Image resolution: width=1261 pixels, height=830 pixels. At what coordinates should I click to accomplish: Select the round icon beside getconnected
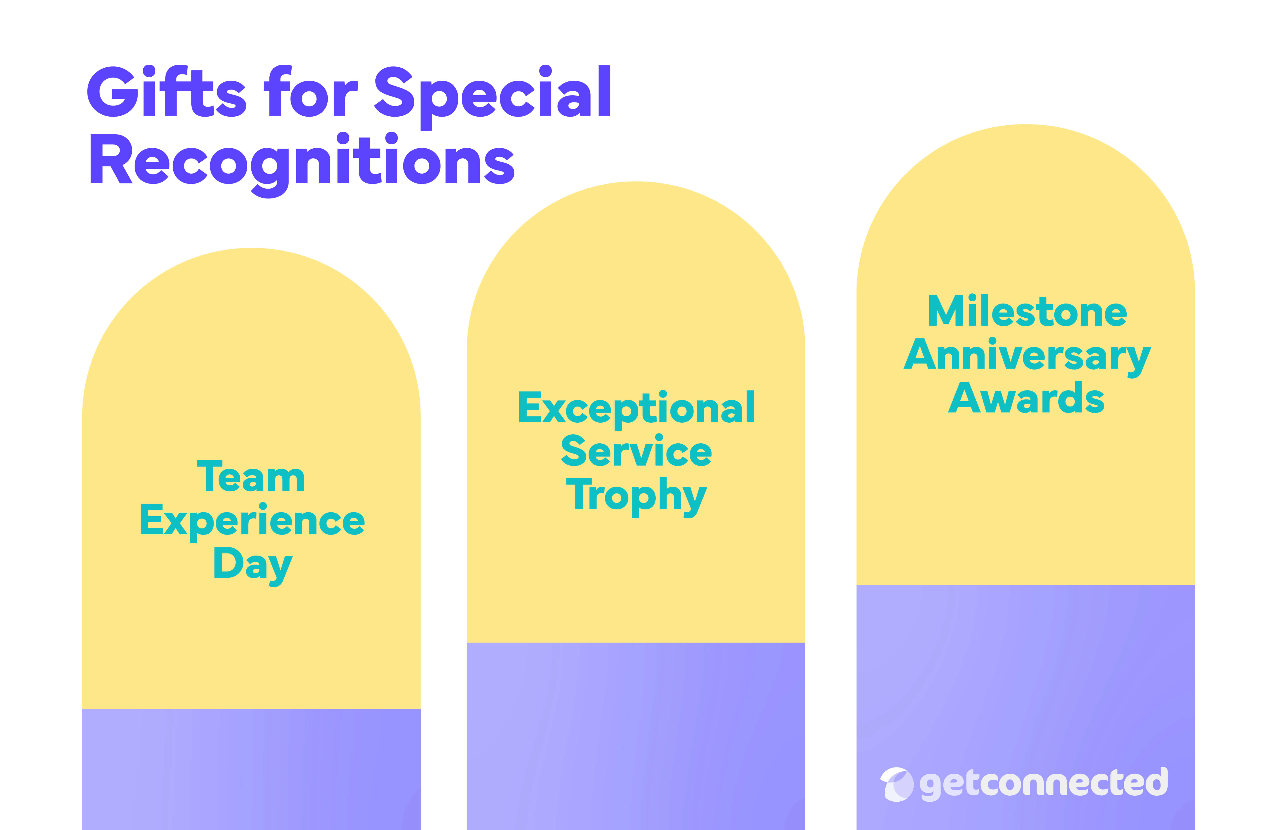897,784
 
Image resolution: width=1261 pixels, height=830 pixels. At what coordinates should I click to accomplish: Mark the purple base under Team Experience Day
251,768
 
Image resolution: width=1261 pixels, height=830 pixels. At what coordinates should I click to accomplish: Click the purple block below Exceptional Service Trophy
636,736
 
